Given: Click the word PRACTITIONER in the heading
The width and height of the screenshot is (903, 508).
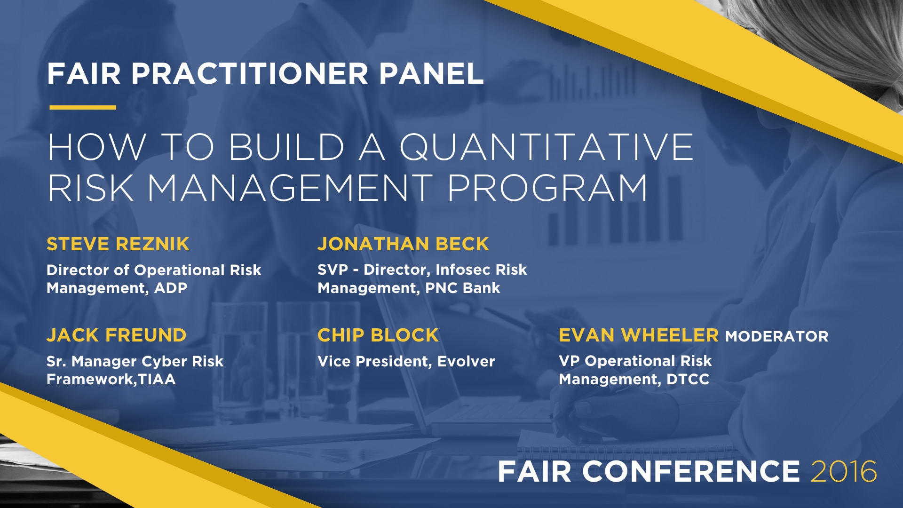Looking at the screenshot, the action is [x=250, y=73].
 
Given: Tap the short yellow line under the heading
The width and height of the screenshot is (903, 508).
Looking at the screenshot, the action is [x=83, y=108].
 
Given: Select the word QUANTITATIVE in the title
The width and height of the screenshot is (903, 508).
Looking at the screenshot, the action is [x=547, y=148].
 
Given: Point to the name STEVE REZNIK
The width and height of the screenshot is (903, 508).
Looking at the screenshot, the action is [x=118, y=244].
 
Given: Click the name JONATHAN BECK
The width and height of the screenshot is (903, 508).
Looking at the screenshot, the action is [x=403, y=244].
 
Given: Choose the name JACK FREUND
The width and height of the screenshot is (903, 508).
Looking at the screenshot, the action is [x=117, y=335].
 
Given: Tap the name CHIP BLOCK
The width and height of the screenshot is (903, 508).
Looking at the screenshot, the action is [x=378, y=335].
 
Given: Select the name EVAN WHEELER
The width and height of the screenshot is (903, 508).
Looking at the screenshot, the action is [x=639, y=335].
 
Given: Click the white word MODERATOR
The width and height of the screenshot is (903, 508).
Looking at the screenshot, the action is [x=777, y=336].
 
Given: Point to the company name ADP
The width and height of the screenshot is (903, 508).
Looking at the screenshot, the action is [x=171, y=288].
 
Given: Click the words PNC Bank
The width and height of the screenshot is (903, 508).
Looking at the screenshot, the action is [x=463, y=288].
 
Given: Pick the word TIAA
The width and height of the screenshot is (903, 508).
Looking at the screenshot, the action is [x=157, y=379].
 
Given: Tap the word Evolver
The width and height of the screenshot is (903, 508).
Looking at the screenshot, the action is [x=466, y=361].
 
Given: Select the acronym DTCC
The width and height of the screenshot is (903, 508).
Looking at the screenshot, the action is [x=688, y=379].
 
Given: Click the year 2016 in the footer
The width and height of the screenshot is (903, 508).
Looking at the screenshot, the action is [x=844, y=471].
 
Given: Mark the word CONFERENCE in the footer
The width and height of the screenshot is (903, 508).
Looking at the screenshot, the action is [x=691, y=471].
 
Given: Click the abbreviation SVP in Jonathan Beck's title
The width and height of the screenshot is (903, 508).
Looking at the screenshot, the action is [x=333, y=270].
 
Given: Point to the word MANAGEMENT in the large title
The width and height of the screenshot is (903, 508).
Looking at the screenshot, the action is [x=290, y=188].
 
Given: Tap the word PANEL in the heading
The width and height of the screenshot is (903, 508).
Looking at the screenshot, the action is [x=432, y=73].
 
